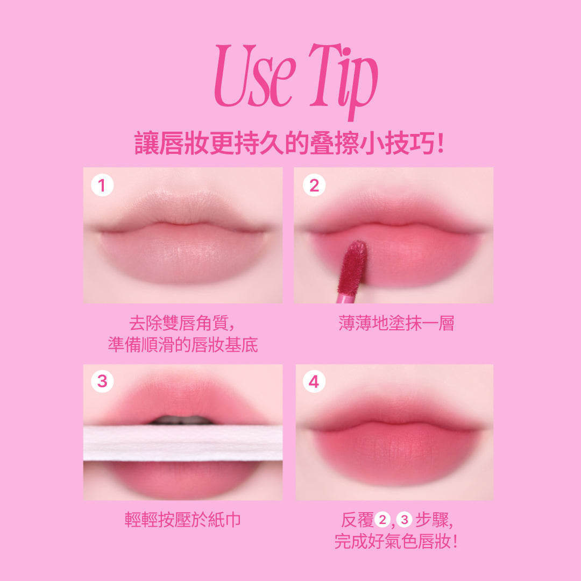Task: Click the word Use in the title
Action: click(x=255, y=76)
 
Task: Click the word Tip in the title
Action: click(x=343, y=80)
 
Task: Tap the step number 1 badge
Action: click(x=102, y=185)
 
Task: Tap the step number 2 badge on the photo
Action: click(x=314, y=185)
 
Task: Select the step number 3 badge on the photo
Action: click(x=102, y=381)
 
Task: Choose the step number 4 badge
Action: click(x=314, y=381)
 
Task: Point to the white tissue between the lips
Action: click(x=183, y=443)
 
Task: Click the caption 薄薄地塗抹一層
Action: click(x=396, y=323)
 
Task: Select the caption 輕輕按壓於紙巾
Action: click(x=183, y=520)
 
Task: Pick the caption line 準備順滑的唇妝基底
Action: click(x=183, y=345)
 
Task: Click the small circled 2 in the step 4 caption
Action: click(x=382, y=520)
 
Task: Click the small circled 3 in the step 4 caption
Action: click(x=404, y=520)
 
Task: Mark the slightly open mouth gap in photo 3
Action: click(x=182, y=420)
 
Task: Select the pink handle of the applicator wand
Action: click(x=345, y=297)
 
